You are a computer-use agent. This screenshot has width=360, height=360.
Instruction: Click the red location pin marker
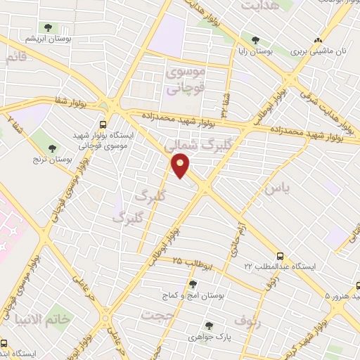click(181, 167)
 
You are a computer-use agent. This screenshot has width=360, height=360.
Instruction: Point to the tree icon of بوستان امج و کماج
click(193, 285)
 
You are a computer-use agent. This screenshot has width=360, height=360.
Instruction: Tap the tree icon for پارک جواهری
click(209, 326)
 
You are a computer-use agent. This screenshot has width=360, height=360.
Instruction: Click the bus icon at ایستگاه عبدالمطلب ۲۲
click(281, 257)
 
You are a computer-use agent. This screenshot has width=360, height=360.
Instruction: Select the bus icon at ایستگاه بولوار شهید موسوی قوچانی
click(103, 120)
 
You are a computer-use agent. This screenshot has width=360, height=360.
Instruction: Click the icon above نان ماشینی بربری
click(319, 40)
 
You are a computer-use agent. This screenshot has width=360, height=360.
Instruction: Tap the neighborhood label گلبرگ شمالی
click(188, 146)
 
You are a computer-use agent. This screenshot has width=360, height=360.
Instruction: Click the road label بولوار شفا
click(70, 103)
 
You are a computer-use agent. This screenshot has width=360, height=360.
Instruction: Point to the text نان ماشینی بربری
click(321, 52)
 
